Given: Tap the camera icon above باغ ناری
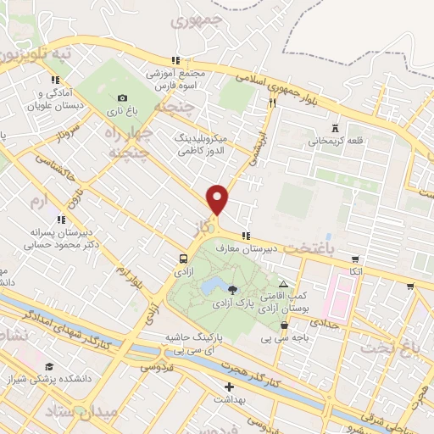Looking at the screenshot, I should [123, 97].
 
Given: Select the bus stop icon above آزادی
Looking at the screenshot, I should [183, 259].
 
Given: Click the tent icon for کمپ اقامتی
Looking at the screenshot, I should [283, 285].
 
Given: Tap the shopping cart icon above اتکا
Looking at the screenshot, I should [355, 259].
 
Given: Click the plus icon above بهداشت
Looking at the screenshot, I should [228, 387].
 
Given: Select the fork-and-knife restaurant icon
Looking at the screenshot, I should [272, 103].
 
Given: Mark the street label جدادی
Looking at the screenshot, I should [323, 322].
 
